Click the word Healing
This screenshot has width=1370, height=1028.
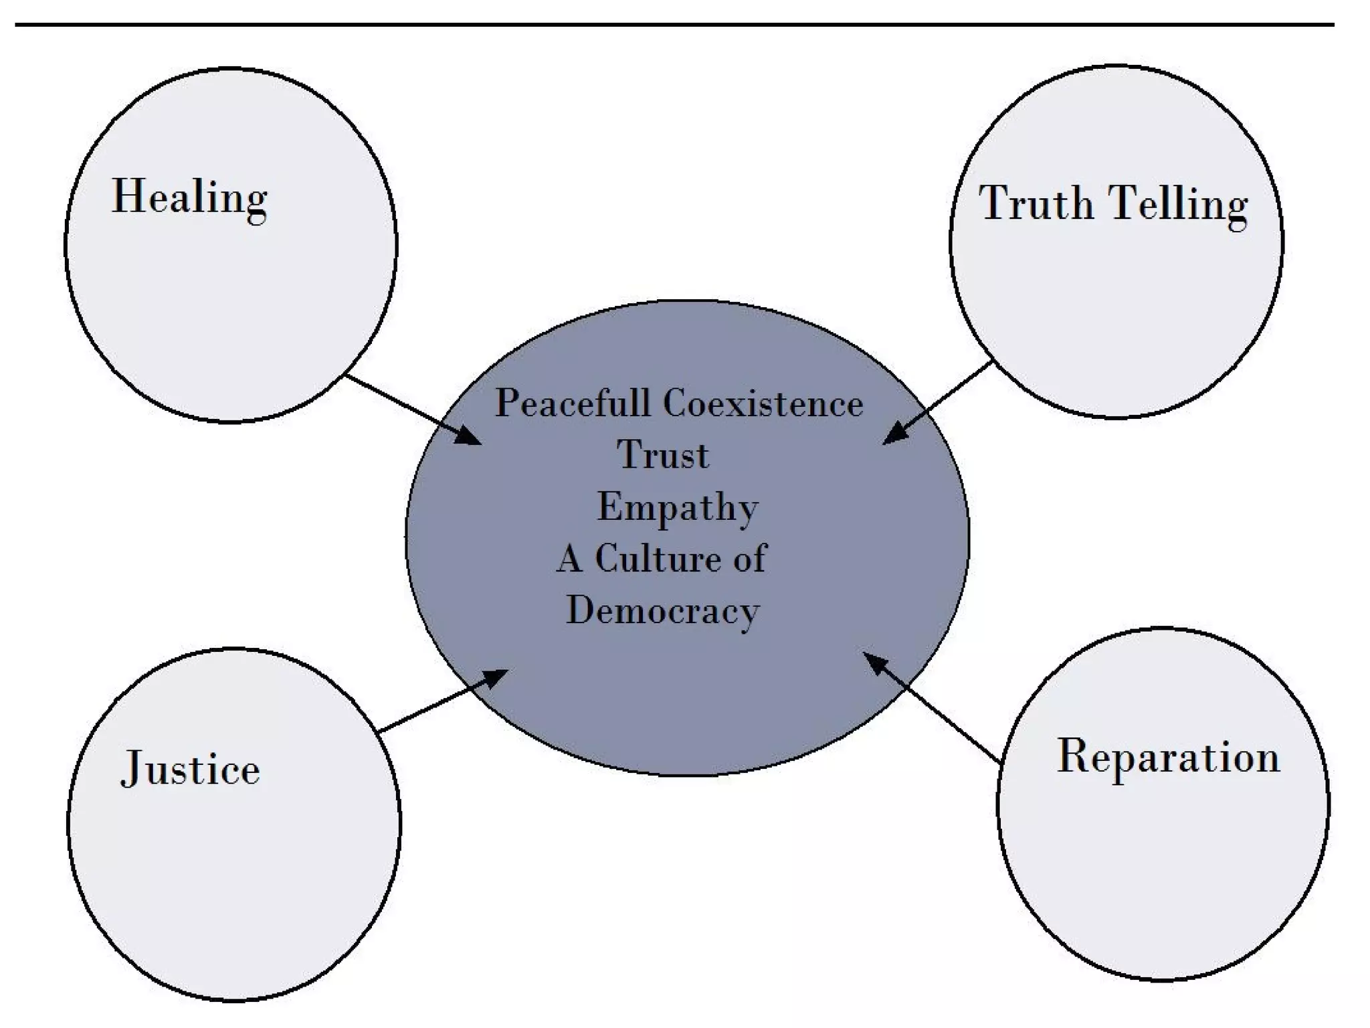pyautogui.click(x=189, y=197)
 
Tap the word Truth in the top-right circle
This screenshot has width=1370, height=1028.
pyautogui.click(x=1036, y=202)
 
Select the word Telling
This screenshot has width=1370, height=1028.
pyautogui.click(x=1178, y=203)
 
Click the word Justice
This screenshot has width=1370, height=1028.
pyautogui.click(x=191, y=768)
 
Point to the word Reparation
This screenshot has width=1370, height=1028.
pyautogui.click(x=1168, y=757)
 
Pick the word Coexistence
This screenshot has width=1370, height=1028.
pyautogui.click(x=763, y=404)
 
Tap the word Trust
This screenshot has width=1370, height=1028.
pyautogui.click(x=662, y=455)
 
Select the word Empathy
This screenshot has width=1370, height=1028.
pyautogui.click(x=677, y=507)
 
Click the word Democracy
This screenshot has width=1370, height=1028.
pyautogui.click(x=663, y=610)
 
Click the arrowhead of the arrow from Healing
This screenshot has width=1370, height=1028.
pyautogui.click(x=470, y=437)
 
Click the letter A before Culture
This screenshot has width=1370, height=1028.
pyautogui.click(x=569, y=558)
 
